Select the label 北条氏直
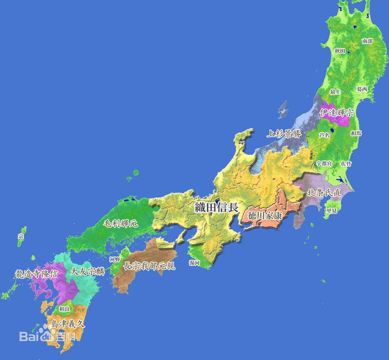pyautogui.click(x=323, y=193)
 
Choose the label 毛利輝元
pyautogui.click(x=120, y=224)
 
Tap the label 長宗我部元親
pyautogui.click(x=149, y=266)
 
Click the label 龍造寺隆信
pyautogui.click(x=36, y=274)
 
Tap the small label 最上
pyautogui.click(x=336, y=91)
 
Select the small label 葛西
pyautogui.click(x=362, y=90)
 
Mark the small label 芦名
pyautogui.click(x=324, y=136)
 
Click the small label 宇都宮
pyautogui.click(x=324, y=163)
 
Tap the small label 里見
pyautogui.click(x=332, y=211)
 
